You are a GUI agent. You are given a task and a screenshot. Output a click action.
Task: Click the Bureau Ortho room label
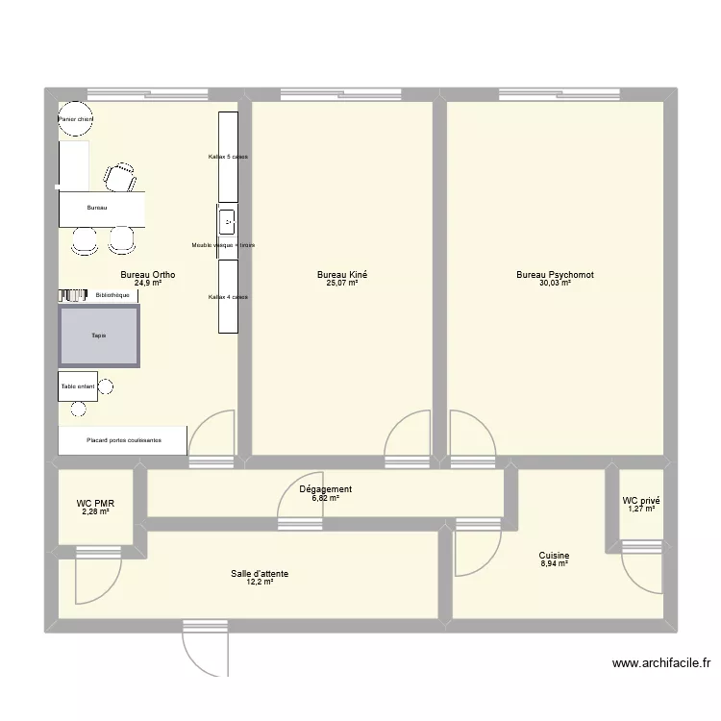[x=147, y=275]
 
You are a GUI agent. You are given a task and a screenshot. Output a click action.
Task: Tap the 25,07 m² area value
[x=341, y=284]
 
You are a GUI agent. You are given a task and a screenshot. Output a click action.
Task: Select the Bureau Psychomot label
[x=555, y=275]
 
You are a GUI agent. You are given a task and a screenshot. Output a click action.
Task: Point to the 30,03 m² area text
[x=555, y=284]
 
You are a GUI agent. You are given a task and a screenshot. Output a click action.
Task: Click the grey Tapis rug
[x=99, y=336]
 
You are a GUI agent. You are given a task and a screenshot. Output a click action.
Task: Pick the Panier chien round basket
[x=75, y=119]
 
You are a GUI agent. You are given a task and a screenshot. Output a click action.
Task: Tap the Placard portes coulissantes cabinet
[x=123, y=440]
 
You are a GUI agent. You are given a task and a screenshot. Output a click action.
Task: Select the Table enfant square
[x=78, y=386]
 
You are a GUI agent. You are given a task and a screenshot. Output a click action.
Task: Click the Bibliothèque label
[x=112, y=295]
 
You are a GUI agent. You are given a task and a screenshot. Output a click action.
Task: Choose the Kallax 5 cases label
[x=228, y=156]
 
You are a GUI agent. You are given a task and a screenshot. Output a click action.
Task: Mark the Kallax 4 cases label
[x=228, y=297]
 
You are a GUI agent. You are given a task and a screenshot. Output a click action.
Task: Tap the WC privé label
[x=641, y=501]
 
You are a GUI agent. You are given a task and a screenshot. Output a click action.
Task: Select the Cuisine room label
[x=554, y=556]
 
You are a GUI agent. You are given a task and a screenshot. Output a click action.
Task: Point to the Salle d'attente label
[x=259, y=574]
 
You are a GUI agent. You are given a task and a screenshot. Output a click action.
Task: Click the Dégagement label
[x=331, y=489]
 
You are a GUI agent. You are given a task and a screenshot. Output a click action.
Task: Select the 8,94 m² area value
[x=554, y=564]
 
